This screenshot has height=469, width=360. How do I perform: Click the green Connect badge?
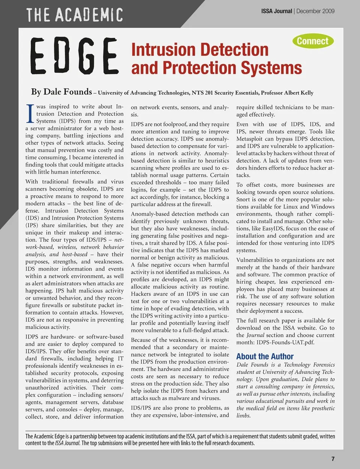[x=312, y=41]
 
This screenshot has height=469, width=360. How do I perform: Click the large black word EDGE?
[x=75, y=57]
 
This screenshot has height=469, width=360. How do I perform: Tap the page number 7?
[x=333, y=459]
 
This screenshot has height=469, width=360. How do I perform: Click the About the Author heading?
[x=265, y=356]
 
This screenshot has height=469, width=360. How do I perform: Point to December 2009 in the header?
[x=315, y=11]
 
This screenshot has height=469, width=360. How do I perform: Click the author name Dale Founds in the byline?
[x=67, y=92]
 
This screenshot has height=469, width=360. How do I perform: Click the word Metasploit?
[x=252, y=139]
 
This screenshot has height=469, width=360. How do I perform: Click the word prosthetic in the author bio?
[x=320, y=408]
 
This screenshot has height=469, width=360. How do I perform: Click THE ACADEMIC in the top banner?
[x=74, y=15]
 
